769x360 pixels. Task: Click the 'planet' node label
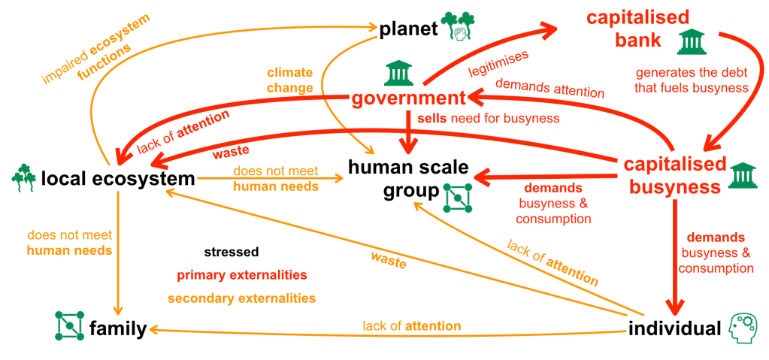click(x=408, y=29)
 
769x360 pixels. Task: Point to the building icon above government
click(x=398, y=74)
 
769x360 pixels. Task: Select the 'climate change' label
click(x=289, y=81)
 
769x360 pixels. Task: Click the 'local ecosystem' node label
click(x=118, y=179)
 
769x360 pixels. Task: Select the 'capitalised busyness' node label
click(x=675, y=175)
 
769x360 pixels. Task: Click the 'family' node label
click(x=117, y=328)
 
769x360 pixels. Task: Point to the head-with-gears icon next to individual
click(x=743, y=328)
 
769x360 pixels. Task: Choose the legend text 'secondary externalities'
click(x=241, y=298)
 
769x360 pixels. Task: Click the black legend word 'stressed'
click(x=231, y=252)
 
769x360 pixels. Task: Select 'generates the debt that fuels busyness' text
click(x=692, y=80)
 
